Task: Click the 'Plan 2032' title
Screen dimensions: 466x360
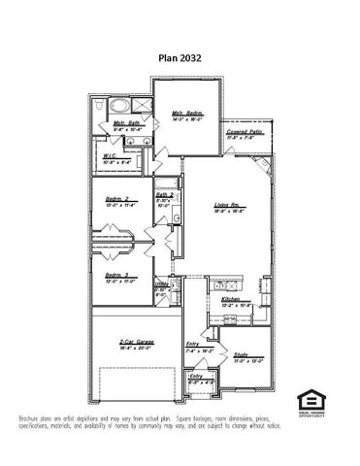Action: point(180,57)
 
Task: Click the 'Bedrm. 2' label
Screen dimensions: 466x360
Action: point(118,199)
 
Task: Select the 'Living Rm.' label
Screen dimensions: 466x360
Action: point(227,205)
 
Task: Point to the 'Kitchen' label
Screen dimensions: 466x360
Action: point(231,300)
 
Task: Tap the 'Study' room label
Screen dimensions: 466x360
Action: point(242,354)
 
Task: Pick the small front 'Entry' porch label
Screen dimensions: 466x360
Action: point(196,377)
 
